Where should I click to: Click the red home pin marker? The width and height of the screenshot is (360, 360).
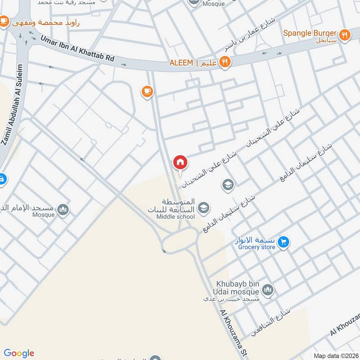(x=180, y=162)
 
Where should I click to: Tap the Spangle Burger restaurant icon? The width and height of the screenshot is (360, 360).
(x=345, y=35)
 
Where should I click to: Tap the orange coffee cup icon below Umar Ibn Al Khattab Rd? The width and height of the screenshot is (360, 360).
(x=147, y=92)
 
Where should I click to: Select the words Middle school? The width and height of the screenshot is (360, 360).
(x=175, y=217)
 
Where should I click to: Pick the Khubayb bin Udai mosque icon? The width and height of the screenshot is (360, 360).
(x=268, y=289)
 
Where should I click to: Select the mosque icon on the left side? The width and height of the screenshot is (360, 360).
(x=63, y=210)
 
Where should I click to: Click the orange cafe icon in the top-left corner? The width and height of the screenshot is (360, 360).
(x=4, y=21)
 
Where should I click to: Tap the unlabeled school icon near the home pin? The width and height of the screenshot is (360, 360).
(x=228, y=184)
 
